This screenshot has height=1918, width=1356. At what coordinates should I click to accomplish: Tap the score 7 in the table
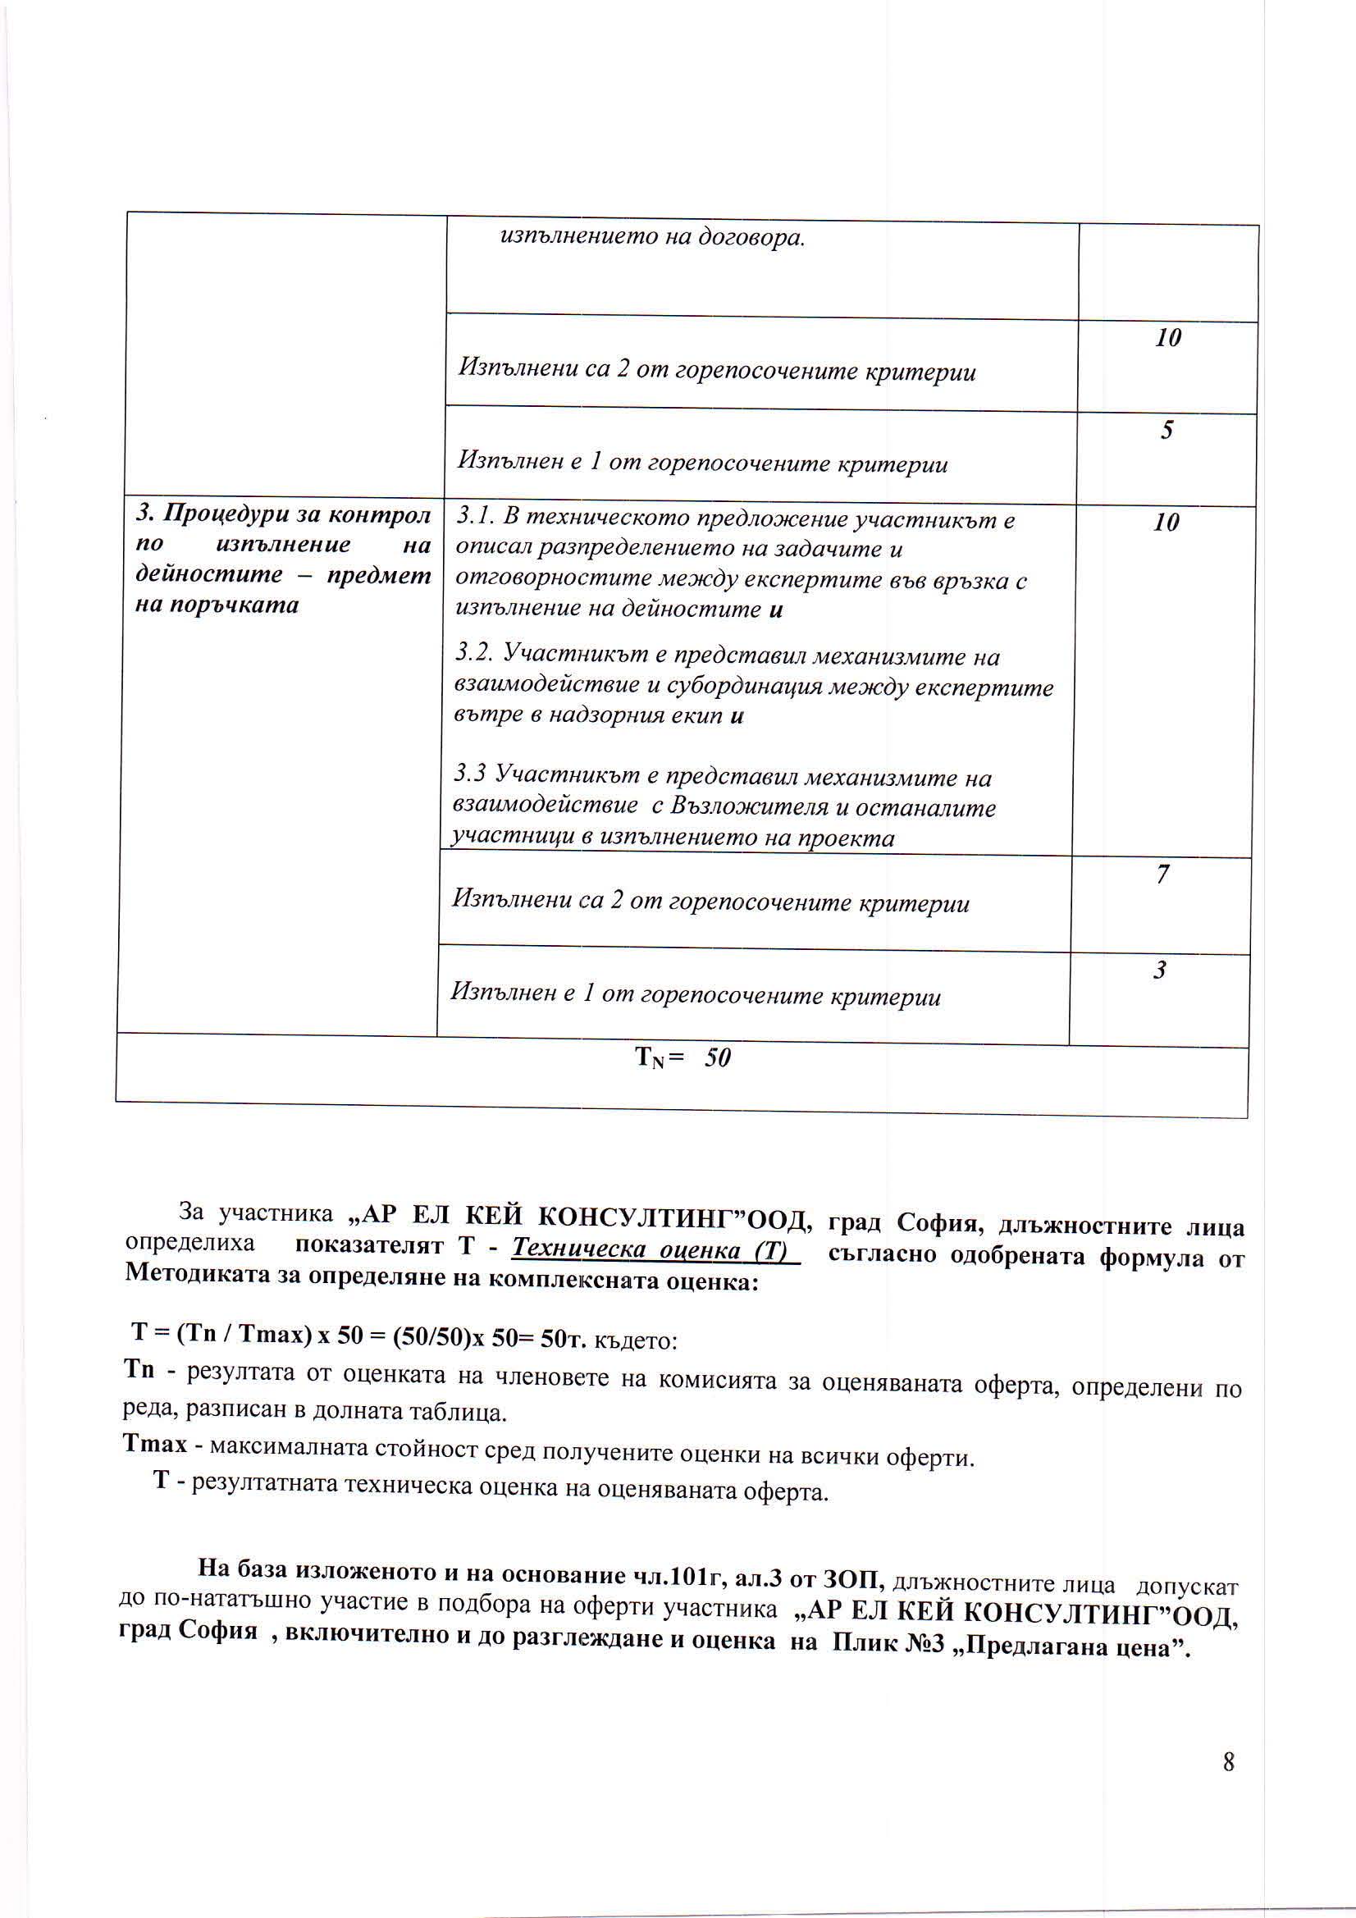(x=1162, y=875)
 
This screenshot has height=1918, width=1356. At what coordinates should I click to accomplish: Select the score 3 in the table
(x=1160, y=970)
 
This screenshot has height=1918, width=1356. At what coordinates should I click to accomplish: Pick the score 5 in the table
(x=1167, y=429)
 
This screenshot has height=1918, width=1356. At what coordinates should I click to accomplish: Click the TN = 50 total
(x=683, y=1058)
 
